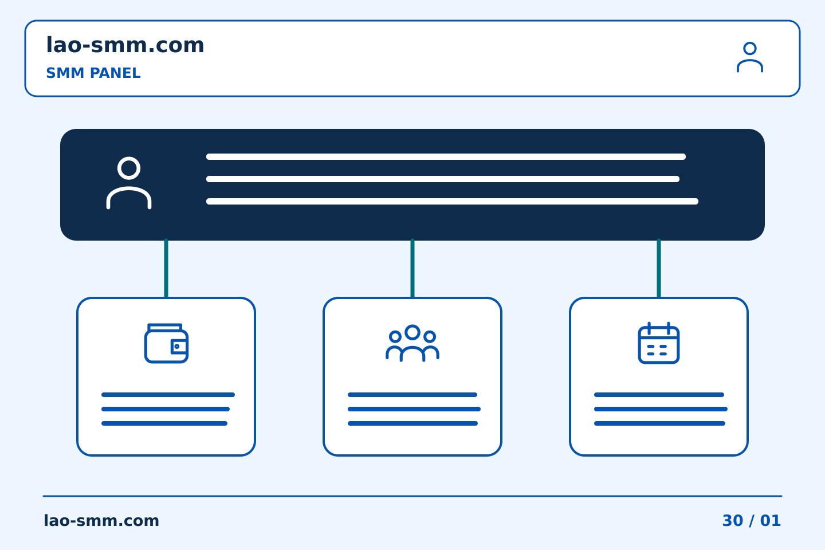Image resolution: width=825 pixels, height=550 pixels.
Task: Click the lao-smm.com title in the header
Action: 125,45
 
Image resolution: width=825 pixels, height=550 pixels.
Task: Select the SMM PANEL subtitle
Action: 93,73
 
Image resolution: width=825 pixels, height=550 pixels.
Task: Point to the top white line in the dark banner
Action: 446,156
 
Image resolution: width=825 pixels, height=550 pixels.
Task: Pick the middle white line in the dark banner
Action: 443,179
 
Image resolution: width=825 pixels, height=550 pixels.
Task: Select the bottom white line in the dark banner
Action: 452,201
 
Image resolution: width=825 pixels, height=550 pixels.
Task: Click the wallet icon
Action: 167,343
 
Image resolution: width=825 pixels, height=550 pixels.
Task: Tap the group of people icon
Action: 412,343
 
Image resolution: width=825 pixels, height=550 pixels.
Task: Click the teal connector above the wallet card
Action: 166,268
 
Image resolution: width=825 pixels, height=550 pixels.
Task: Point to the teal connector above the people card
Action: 412,268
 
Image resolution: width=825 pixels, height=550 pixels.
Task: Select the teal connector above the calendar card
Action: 659,268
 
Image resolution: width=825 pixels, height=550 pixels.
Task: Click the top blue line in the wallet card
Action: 168,395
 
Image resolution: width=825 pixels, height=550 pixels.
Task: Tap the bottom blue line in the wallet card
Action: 164,423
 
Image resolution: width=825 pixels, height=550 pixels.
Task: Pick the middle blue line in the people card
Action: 414,409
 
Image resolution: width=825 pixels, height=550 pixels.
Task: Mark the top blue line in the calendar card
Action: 659,395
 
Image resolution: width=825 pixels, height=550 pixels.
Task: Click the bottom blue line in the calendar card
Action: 659,423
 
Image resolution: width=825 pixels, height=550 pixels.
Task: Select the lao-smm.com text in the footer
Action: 101,521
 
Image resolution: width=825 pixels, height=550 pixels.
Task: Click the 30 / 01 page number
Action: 751,521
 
